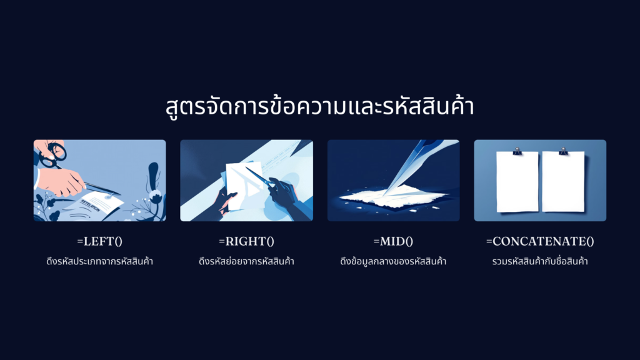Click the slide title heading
click(x=319, y=106)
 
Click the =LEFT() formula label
click(x=99, y=241)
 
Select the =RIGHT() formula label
click(x=246, y=241)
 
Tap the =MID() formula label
click(x=393, y=241)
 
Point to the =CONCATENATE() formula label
click(x=540, y=241)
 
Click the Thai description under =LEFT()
click(x=99, y=261)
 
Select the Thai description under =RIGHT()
click(x=246, y=261)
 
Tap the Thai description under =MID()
click(x=393, y=261)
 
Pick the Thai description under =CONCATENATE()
click(x=540, y=261)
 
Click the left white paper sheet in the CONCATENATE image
click(x=517, y=182)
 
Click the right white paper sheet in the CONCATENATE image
click(x=563, y=182)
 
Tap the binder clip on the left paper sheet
click(x=517, y=151)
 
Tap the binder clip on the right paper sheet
click(x=563, y=151)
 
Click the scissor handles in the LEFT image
click(x=53, y=156)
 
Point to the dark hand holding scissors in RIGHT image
click(x=283, y=192)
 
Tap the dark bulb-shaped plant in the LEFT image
click(x=154, y=176)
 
